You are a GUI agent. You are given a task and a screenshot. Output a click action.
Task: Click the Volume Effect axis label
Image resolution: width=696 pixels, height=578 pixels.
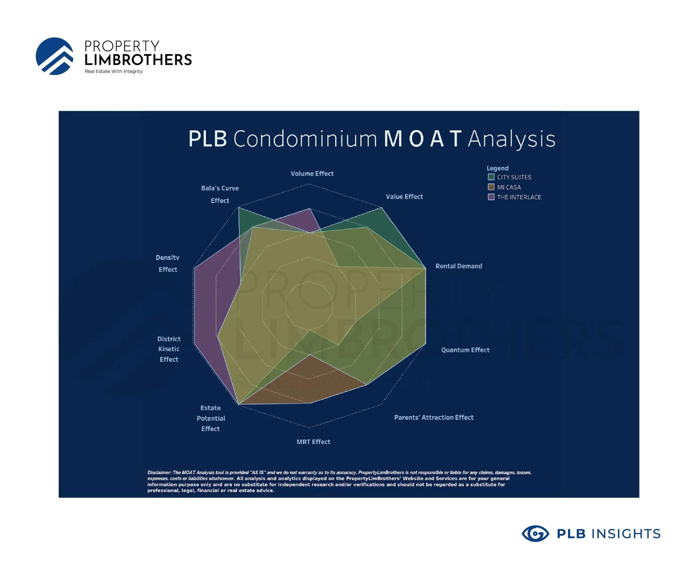click(312, 174)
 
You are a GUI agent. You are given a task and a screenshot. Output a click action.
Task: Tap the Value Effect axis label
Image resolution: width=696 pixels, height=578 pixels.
click(404, 197)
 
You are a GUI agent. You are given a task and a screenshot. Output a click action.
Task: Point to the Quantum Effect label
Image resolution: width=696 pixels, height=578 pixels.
click(465, 350)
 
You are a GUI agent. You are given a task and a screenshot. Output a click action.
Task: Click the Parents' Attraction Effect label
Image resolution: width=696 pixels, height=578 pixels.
click(433, 417)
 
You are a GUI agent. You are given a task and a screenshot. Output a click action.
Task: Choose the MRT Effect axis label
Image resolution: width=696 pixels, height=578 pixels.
click(313, 442)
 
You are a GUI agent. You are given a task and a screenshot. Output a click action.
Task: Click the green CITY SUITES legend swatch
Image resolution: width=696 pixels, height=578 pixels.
click(491, 177)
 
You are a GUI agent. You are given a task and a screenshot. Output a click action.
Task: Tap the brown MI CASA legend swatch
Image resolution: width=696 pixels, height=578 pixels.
click(491, 187)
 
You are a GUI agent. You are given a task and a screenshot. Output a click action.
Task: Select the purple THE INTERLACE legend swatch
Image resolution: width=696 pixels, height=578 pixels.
click(491, 197)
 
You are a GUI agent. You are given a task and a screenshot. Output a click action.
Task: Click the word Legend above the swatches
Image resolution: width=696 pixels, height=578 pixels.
click(497, 168)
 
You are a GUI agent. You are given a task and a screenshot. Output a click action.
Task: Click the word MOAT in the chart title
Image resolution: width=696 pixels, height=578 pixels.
click(422, 139)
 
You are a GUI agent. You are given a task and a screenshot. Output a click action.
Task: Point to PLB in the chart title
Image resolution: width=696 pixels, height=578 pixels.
click(207, 139)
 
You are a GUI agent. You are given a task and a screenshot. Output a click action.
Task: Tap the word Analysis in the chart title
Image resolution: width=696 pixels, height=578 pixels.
click(511, 139)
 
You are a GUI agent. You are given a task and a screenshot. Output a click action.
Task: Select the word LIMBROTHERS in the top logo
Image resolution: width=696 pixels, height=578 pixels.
click(138, 60)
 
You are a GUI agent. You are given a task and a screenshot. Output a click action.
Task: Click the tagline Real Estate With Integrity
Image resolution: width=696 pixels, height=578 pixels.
click(113, 72)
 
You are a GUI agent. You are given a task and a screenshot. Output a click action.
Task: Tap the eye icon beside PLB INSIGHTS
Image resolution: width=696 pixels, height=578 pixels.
click(535, 534)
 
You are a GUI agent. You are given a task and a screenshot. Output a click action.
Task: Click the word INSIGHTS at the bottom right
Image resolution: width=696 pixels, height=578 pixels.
click(626, 534)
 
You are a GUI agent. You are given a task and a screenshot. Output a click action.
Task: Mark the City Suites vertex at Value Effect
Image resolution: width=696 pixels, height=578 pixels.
click(381, 208)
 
